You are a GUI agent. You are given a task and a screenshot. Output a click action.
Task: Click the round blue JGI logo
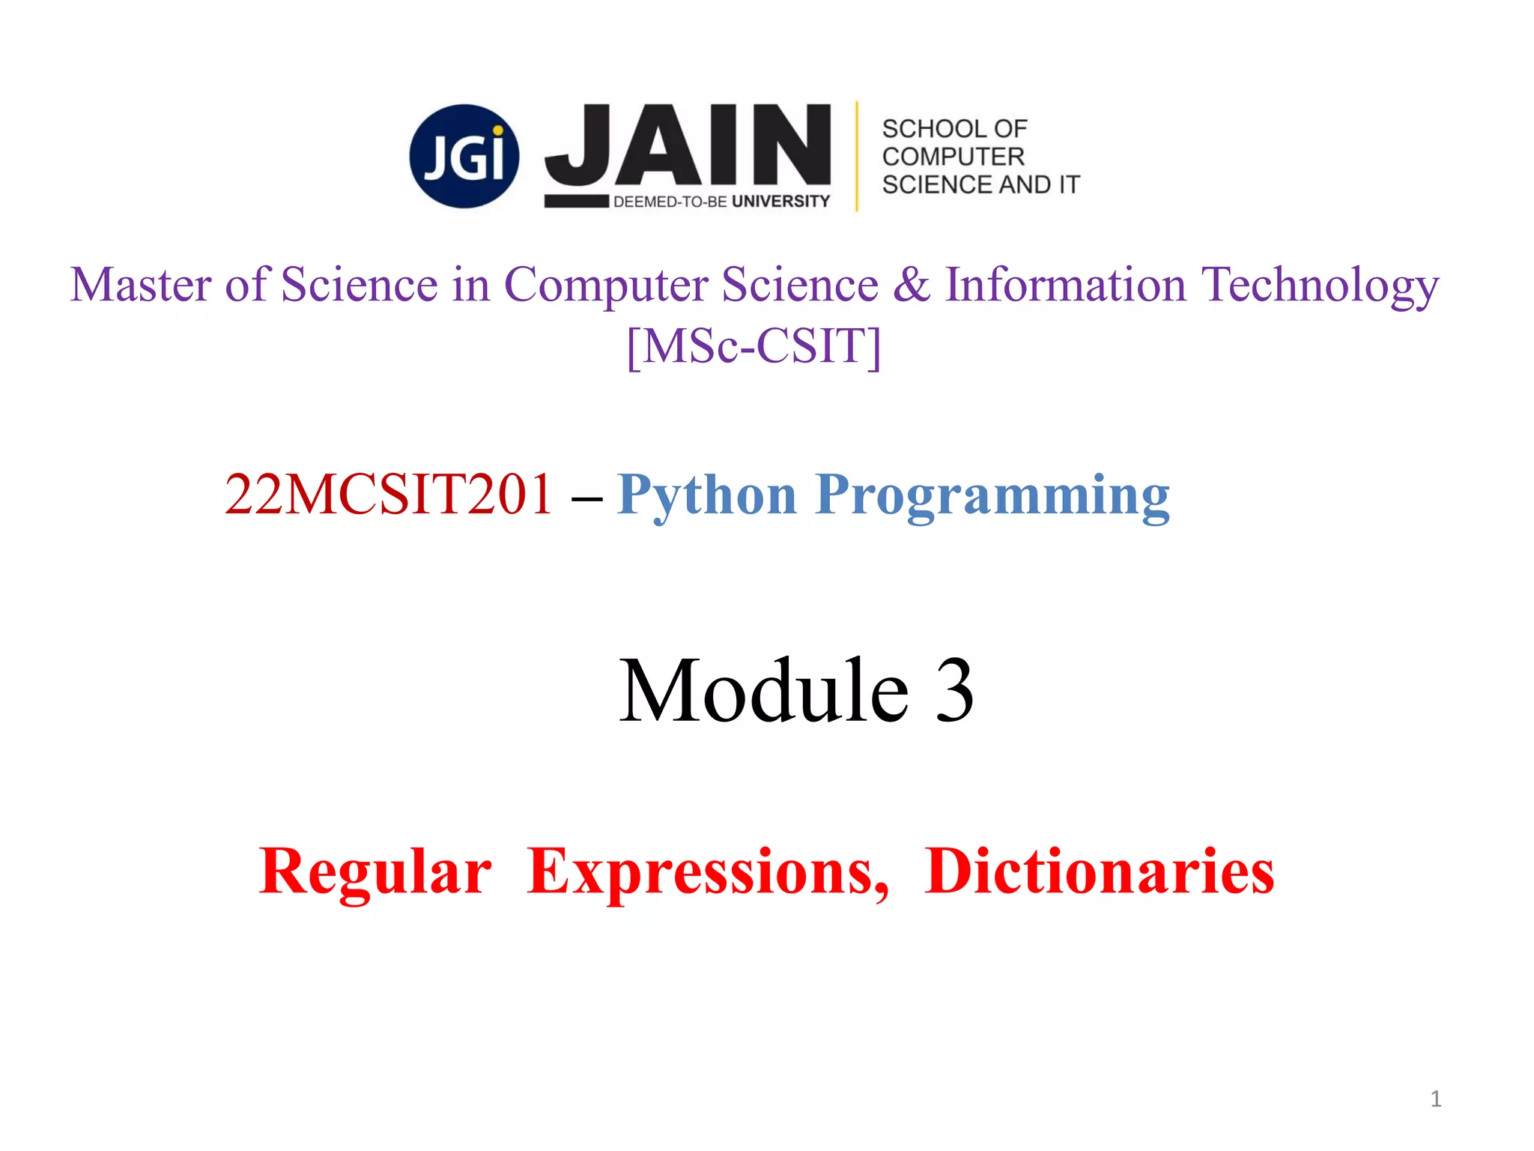[464, 156]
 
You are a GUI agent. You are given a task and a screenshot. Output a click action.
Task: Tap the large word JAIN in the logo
[688, 145]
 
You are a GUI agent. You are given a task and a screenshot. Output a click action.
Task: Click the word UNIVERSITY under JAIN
[780, 202]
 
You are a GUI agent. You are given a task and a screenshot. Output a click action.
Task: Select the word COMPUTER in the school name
[953, 157]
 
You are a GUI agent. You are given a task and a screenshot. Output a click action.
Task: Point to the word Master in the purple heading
[141, 286]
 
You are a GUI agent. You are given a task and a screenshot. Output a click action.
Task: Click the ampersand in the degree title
[911, 286]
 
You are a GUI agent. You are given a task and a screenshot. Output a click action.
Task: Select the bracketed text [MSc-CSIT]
[754, 346]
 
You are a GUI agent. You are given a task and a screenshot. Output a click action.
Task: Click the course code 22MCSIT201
[389, 495]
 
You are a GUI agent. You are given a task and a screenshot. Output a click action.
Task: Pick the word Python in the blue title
[707, 496]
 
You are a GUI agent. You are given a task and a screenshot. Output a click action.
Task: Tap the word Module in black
[763, 690]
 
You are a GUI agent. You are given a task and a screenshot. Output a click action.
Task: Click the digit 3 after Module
[954, 692]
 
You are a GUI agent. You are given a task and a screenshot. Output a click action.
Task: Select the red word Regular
[375, 871]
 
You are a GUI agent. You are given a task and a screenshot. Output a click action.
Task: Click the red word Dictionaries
[1100, 871]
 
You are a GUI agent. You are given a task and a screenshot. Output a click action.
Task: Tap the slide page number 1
[1435, 1099]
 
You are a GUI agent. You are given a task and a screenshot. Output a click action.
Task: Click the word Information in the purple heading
[1066, 286]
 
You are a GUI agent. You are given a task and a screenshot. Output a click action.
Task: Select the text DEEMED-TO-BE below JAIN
[670, 202]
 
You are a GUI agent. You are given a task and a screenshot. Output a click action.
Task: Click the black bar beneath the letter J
[576, 201]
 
